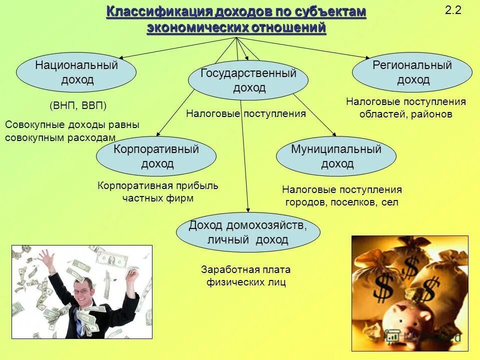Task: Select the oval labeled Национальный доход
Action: point(76,72)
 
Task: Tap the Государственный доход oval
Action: point(248,80)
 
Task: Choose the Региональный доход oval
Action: point(412,72)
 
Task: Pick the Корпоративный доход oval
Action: point(156,156)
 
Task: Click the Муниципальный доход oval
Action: point(336,156)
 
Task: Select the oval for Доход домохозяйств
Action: point(248,232)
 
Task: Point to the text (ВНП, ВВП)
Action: point(78,106)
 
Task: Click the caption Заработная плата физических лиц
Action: point(245,276)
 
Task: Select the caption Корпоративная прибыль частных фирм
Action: point(158,192)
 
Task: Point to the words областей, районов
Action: point(405,114)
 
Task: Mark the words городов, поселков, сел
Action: point(342,202)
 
